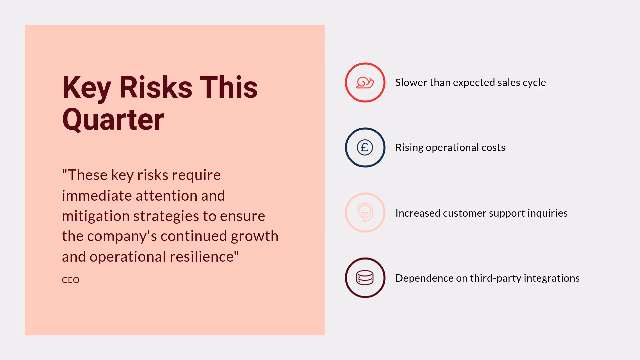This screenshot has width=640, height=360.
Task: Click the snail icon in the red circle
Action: point(365,82)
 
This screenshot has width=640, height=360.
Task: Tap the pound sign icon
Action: point(365,147)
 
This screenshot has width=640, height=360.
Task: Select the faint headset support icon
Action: point(365,212)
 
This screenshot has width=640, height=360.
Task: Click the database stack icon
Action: point(365,278)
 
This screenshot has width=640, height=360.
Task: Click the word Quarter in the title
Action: point(113,119)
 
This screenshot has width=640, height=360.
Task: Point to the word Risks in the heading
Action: point(155,87)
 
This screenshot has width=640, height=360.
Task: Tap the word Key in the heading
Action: point(87,87)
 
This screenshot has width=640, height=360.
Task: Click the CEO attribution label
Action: point(71,280)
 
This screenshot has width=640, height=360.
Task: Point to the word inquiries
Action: point(548,213)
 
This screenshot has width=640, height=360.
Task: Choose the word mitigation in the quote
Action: point(95,216)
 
